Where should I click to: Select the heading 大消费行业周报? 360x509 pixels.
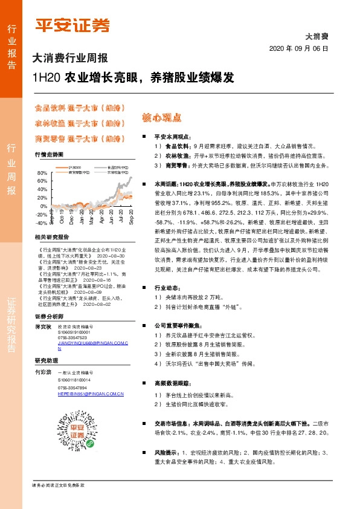(x=70, y=59)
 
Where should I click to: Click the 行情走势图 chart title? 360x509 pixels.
(x=49, y=155)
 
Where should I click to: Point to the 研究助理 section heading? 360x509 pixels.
(x=45, y=360)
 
